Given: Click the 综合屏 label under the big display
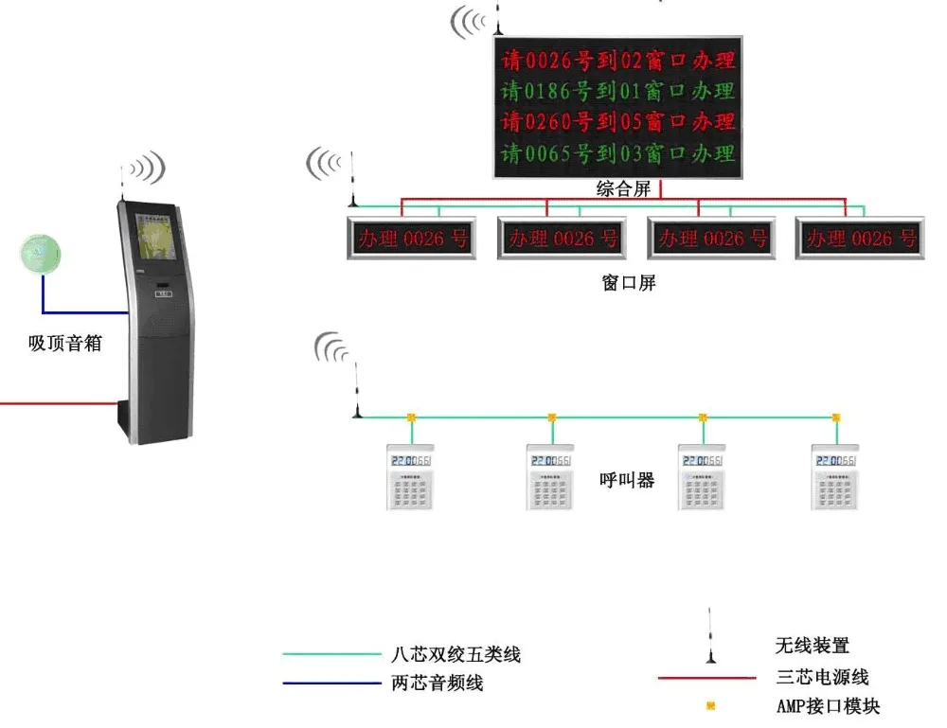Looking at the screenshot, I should (x=623, y=188).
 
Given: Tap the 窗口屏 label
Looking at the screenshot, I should (x=629, y=282).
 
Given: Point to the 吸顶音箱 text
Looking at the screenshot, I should (x=64, y=343).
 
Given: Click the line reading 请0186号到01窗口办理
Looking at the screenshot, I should (x=618, y=92).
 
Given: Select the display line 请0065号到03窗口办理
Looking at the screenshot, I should (x=618, y=152).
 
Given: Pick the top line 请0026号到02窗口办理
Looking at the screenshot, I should (x=618, y=62).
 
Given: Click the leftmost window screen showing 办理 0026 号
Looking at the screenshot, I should (x=411, y=239).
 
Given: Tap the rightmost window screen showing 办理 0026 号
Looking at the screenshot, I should (x=859, y=239).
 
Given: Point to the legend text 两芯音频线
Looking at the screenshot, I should (x=437, y=683).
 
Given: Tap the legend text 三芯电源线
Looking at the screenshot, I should (x=821, y=677).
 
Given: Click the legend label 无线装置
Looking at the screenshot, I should (x=812, y=646).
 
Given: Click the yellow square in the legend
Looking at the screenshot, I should (x=710, y=705).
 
